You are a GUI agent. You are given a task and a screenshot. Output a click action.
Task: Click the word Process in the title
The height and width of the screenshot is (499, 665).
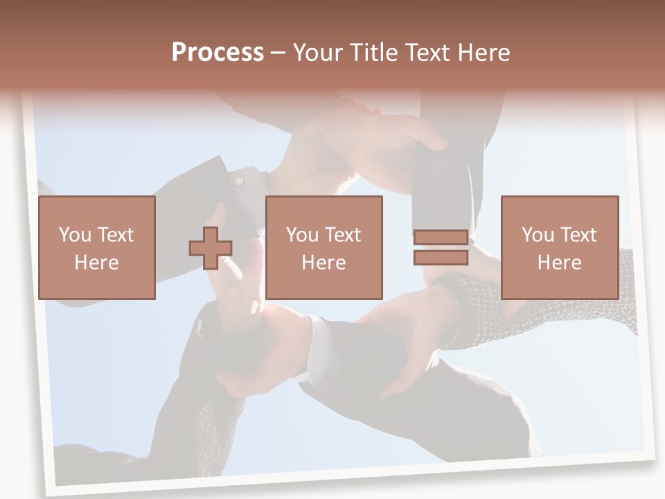click(218, 52)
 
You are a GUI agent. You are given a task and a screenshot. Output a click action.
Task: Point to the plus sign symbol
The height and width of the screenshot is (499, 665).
click(211, 248)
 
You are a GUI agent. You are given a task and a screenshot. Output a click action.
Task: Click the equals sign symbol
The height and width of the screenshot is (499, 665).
click(441, 247)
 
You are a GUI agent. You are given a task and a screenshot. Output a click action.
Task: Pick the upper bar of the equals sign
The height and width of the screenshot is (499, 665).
click(441, 238)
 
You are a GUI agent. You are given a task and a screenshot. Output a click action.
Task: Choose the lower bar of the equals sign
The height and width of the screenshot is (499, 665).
click(441, 258)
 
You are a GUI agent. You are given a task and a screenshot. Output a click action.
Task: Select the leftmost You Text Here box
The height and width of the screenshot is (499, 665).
click(97, 247)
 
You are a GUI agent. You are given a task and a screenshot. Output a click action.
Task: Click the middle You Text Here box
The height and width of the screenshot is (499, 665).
click(324, 247)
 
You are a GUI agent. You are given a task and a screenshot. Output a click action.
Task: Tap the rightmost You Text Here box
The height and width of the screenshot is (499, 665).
click(560, 247)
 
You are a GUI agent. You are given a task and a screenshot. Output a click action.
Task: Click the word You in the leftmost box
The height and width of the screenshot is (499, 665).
click(74, 235)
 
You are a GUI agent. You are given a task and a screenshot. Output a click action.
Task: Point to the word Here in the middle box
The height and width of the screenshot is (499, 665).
click(324, 263)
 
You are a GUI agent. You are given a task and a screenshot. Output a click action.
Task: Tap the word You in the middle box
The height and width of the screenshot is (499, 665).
click(302, 235)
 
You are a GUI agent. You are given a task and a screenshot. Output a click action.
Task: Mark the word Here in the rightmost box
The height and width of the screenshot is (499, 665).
click(560, 263)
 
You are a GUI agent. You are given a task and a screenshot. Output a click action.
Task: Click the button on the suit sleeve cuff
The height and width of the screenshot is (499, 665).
click(239, 181)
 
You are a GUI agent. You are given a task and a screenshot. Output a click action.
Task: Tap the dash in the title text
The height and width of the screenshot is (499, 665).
click(278, 53)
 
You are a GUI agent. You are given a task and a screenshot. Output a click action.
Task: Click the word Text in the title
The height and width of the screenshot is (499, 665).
click(424, 52)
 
